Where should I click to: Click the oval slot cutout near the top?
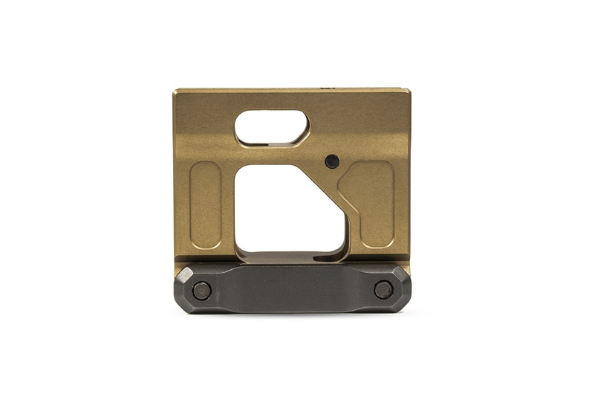tap(271, 127)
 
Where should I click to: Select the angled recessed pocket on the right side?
tap(370, 204)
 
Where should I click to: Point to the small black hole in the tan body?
tap(332, 161)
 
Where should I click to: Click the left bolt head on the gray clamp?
tap(201, 290)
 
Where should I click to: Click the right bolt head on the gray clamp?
tap(383, 289)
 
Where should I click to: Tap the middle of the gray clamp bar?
tap(292, 288)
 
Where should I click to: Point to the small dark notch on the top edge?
tap(325, 88)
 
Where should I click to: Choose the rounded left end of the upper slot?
tap(240, 127)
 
